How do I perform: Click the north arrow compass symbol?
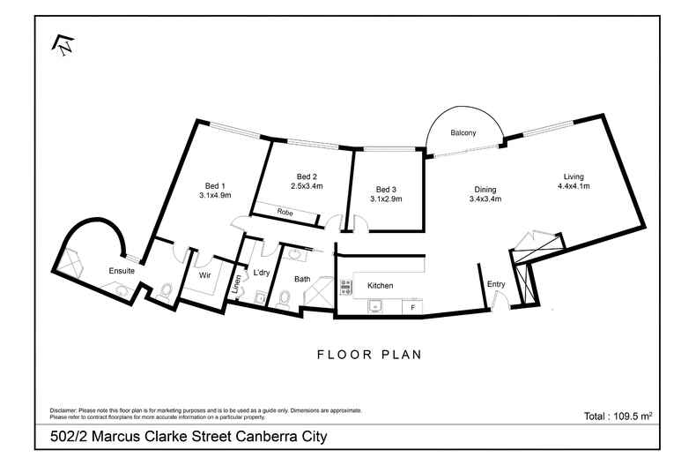coord(63,44)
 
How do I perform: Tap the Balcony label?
coord(463,133)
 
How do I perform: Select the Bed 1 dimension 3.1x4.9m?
coord(214,196)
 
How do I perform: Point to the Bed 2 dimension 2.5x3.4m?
coord(307,186)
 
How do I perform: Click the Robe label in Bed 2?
coord(285,213)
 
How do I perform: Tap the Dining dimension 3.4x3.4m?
coord(485,199)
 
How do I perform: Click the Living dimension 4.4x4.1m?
coord(574,186)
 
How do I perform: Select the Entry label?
coord(496,283)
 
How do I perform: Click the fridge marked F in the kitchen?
coord(412,306)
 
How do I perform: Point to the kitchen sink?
coord(376,306)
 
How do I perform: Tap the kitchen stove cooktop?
coord(346,286)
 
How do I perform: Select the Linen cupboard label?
coord(236,284)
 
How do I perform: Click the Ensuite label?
coord(122,271)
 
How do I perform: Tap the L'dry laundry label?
coord(262,273)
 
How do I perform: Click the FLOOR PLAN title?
coord(370,355)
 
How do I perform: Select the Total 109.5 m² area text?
coord(618,415)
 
